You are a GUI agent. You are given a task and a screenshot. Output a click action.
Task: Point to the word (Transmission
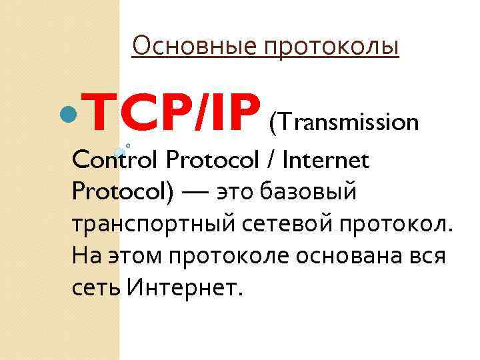point(343,122)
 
